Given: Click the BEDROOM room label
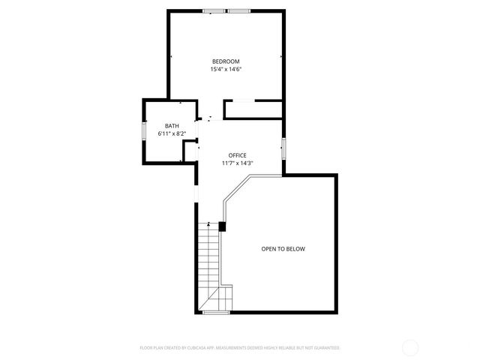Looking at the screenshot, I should point(225,61).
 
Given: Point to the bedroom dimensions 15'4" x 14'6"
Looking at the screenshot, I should point(225,69).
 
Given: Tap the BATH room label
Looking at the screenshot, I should point(172,126).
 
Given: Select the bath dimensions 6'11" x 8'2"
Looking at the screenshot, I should point(172,133).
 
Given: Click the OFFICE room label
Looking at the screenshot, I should point(237,155).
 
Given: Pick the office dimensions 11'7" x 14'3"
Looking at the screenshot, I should point(237,163).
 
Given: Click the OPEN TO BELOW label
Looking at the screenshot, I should point(283,249).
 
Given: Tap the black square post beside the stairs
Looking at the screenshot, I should point(222,226).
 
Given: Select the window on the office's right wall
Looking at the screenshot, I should point(283,148).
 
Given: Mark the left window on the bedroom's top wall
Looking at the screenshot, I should point(214,10).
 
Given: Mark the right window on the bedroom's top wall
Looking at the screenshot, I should point(239,10).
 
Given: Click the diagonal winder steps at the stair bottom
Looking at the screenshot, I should point(217,299).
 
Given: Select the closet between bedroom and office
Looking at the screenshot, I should point(253,109).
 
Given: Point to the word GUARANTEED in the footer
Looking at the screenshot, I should point(324,348).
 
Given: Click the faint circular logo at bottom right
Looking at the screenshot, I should point(410,347).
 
